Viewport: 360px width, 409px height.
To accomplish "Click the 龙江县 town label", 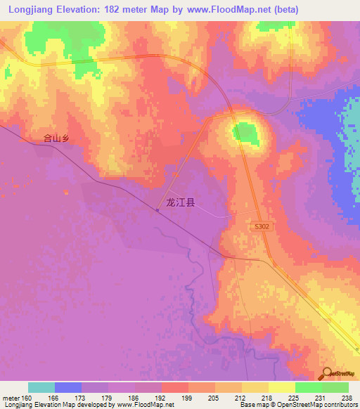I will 179,202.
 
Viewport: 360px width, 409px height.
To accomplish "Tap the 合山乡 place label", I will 56,139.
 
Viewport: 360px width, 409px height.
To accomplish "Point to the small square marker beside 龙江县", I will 157,209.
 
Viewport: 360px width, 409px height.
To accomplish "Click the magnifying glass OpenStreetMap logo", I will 327,372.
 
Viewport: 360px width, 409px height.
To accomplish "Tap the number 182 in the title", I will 117,10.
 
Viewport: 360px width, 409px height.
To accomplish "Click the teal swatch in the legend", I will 41,387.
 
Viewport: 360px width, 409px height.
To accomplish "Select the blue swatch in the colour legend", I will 68,387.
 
